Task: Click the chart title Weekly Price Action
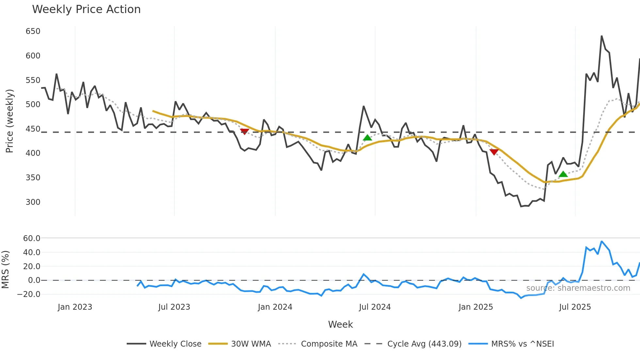(x=86, y=9)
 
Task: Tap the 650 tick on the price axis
(x=33, y=31)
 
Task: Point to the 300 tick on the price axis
(x=33, y=202)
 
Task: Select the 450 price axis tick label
(x=33, y=129)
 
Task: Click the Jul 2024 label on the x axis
(x=375, y=307)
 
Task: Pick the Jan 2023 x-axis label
(x=75, y=307)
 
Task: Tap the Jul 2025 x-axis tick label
(x=575, y=307)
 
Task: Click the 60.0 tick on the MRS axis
(x=32, y=238)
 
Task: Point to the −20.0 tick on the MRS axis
(x=29, y=294)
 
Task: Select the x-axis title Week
(x=340, y=324)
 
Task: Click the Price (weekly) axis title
(x=9, y=121)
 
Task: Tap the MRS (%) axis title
(x=5, y=270)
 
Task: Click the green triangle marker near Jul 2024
(x=367, y=138)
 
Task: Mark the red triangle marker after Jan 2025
(x=494, y=152)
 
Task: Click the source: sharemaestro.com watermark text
(x=578, y=288)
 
